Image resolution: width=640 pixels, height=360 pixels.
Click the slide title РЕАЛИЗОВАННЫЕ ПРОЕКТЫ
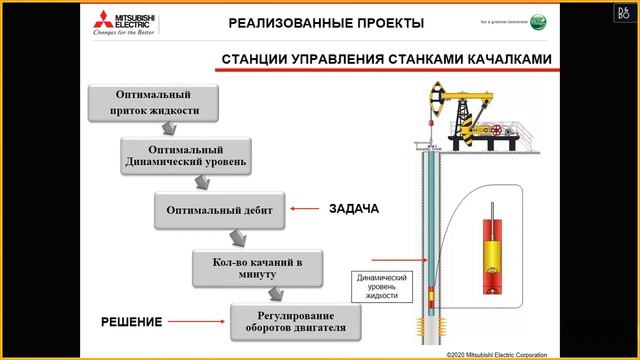(326, 23)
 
